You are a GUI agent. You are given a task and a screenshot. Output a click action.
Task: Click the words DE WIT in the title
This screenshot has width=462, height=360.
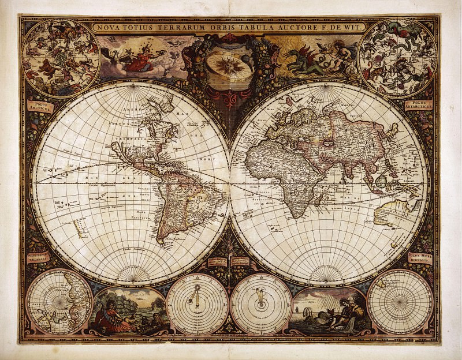click(350, 26)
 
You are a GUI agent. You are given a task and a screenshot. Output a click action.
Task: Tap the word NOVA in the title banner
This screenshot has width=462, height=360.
click(109, 27)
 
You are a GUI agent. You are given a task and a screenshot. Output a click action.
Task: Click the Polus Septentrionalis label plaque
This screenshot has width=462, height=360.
click(39, 257)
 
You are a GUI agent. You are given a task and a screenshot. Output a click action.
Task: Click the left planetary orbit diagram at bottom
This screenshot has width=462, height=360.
click(197, 303)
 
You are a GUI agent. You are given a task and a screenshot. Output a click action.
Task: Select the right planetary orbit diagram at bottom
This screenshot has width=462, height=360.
click(260, 303)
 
